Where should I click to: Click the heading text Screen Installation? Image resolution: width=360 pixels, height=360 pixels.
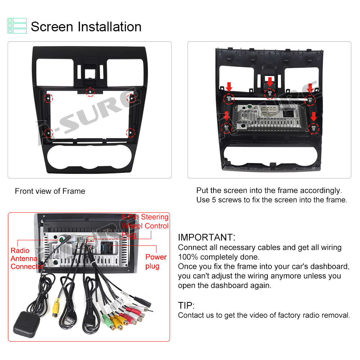86,27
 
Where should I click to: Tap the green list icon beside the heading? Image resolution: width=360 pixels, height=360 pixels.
17,26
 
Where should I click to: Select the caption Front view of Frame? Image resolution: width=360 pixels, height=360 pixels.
50,191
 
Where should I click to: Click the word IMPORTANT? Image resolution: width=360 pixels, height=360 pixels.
206,237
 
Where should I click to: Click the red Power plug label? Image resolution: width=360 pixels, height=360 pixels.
156,261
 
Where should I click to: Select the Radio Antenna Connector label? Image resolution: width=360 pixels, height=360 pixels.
27,258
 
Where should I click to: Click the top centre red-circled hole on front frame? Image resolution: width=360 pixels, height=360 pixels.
90,92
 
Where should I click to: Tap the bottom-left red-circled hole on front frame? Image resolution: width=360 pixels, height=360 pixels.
49,133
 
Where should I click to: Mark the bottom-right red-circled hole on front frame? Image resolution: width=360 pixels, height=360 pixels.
130,133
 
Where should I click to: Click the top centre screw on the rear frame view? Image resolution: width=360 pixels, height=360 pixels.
270,94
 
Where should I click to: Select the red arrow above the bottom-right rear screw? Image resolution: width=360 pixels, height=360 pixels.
314,117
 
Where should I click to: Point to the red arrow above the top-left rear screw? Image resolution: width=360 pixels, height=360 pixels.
229,87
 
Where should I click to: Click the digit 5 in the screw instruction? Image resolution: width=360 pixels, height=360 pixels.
214,200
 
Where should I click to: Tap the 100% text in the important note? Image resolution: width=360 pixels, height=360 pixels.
188,257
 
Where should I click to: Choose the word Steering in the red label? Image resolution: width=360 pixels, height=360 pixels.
155,217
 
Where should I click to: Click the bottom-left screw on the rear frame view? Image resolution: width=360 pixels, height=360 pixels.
226,127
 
